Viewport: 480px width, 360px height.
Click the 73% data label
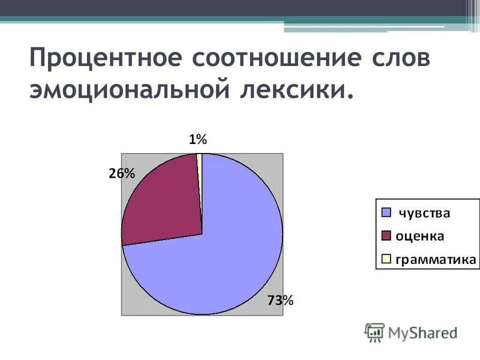pos(280,301)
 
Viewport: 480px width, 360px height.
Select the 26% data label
pos(122,173)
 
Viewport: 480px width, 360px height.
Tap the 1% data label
pos(197,140)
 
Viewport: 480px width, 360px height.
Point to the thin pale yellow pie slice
pos(200,159)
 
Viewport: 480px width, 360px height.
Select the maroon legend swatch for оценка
pos(386,236)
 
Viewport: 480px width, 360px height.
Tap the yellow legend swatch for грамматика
pos(386,259)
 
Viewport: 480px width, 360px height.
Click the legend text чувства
pos(425,212)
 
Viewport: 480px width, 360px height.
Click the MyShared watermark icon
pos(375,332)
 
